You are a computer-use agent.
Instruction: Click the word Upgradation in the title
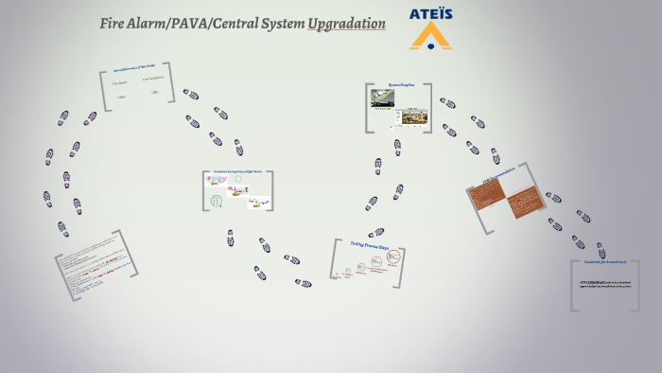point(346,23)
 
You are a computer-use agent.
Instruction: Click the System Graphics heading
point(401,85)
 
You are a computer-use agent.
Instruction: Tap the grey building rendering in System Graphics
point(414,117)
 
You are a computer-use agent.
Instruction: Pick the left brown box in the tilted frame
point(489,193)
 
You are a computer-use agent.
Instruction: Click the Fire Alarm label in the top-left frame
point(120,83)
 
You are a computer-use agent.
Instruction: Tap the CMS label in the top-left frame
point(154,93)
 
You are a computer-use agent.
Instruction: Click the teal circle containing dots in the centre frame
point(218,200)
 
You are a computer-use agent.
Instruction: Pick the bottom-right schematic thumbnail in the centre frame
point(258,201)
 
